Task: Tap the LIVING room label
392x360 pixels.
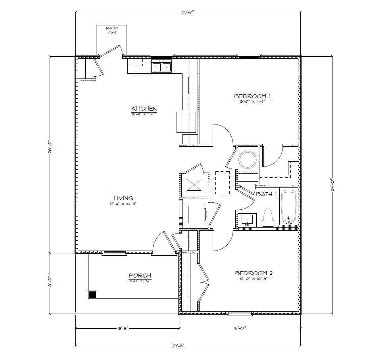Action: (123, 198)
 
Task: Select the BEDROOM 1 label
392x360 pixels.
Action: (252, 96)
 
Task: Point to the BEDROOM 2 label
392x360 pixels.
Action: (254, 273)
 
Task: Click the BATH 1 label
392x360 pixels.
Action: (266, 194)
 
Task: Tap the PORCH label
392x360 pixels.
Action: (140, 276)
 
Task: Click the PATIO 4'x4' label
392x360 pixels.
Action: (111, 30)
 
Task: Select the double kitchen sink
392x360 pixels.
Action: (161, 67)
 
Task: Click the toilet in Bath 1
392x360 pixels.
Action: (268, 218)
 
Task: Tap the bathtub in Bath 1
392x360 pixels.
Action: (288, 207)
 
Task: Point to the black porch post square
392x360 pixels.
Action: (92, 295)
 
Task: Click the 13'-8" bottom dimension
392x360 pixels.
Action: (122, 328)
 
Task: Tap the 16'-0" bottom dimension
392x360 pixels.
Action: (240, 328)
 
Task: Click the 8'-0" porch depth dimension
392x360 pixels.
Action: (49, 282)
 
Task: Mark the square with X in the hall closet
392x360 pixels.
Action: (194, 185)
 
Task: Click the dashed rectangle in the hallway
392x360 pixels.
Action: (223, 182)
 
